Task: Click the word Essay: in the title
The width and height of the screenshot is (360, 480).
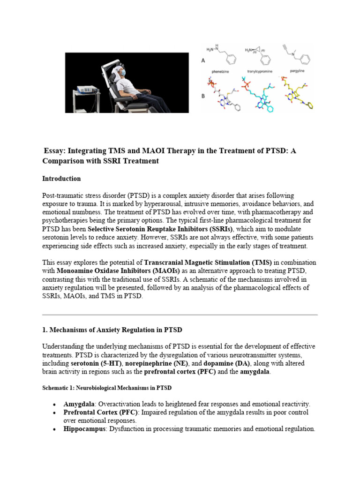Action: click(54, 151)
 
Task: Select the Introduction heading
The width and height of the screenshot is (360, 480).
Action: click(61, 179)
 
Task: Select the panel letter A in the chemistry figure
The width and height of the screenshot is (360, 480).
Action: click(203, 60)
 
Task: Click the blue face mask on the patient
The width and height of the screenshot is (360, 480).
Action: click(122, 73)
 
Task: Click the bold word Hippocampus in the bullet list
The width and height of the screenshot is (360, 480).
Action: click(85, 429)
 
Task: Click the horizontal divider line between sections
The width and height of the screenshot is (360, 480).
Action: click(180, 314)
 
